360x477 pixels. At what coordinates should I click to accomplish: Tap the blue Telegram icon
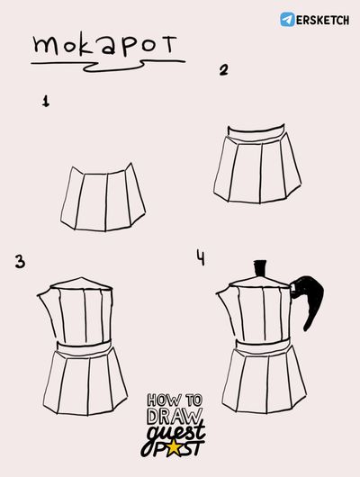pyautogui.click(x=287, y=20)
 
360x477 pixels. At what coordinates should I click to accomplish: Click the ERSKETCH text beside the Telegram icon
pyautogui.click(x=322, y=20)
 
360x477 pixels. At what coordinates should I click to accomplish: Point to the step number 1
pyautogui.click(x=46, y=101)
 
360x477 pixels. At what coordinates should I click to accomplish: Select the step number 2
pyautogui.click(x=224, y=70)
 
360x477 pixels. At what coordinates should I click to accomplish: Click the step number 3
pyautogui.click(x=20, y=262)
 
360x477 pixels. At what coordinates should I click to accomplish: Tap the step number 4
pyautogui.click(x=201, y=257)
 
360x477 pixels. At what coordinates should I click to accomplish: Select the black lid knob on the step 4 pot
pyautogui.click(x=260, y=268)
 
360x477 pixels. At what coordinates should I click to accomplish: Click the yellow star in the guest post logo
pyautogui.click(x=175, y=448)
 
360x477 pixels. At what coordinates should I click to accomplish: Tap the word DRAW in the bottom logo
pyautogui.click(x=175, y=417)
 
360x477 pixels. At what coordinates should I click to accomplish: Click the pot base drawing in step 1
pyautogui.click(x=103, y=198)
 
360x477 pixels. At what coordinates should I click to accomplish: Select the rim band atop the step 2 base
pyautogui.click(x=257, y=133)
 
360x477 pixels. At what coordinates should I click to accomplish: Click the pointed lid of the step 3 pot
pyautogui.click(x=81, y=283)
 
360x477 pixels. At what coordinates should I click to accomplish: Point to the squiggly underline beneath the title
pyautogui.click(x=108, y=66)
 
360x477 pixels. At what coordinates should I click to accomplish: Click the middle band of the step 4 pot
pyautogui.click(x=264, y=346)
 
